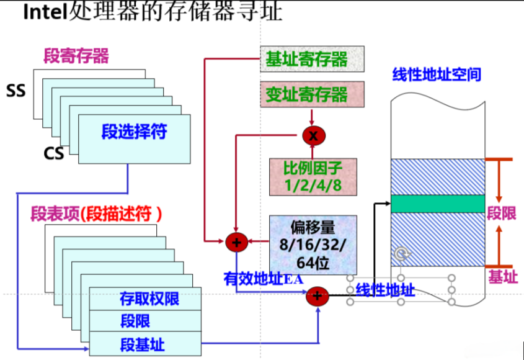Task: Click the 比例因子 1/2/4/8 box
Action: (x=313, y=176)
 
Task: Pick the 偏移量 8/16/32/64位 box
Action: (x=313, y=245)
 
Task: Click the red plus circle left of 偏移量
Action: (x=236, y=241)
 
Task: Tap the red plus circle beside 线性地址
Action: (x=317, y=296)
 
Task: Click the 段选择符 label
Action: (x=134, y=132)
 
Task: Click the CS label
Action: (x=54, y=153)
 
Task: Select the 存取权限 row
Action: (x=149, y=299)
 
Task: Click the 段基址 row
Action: (x=143, y=344)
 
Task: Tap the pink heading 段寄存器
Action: (x=76, y=56)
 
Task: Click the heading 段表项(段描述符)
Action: (x=96, y=215)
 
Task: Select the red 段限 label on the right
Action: (x=501, y=214)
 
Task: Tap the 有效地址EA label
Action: (x=263, y=279)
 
